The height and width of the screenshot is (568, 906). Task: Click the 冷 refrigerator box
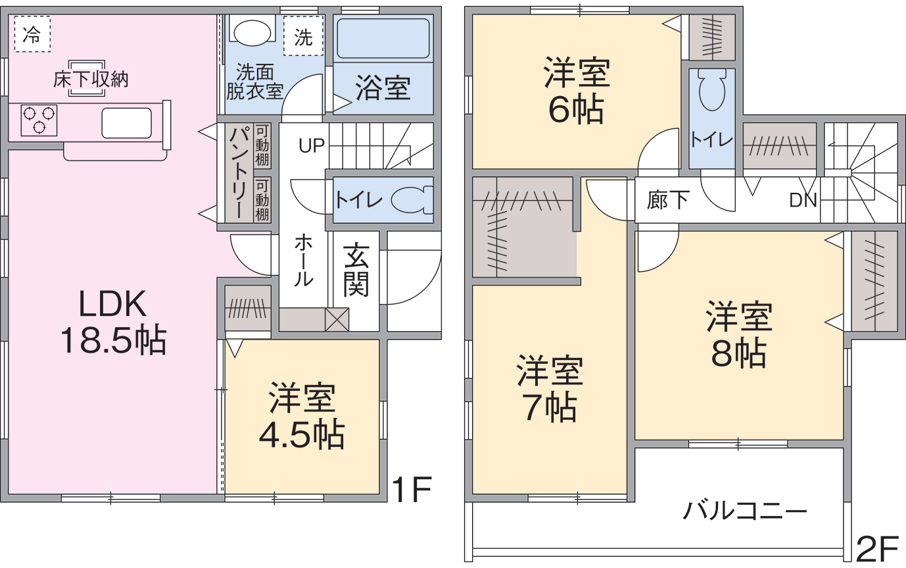coord(32,34)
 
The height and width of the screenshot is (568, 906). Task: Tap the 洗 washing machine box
coord(303,36)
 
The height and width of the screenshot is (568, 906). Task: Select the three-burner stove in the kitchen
coord(39,120)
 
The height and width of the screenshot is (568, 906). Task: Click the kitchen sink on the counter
coord(127,123)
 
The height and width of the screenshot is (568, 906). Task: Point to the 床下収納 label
coord(91,80)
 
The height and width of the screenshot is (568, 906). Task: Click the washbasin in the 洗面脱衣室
coord(252,32)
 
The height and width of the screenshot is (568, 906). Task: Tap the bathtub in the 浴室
coord(383,38)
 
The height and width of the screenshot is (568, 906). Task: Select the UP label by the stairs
coord(312,145)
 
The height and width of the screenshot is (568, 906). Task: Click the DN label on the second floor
coord(803,200)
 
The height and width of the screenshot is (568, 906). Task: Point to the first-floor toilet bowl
coord(412,200)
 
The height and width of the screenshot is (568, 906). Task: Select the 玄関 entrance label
coord(356,270)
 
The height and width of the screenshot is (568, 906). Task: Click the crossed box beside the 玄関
coord(337,319)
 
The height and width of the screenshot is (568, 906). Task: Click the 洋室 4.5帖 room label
coord(302,416)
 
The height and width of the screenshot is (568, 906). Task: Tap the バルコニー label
coord(745,511)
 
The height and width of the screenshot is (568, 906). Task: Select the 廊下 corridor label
coord(668,200)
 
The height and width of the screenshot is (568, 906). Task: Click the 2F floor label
coord(876,550)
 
